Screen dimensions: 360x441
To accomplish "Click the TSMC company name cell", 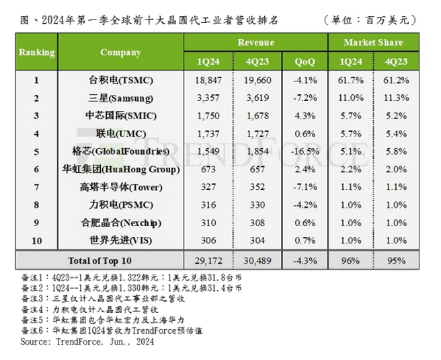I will (x=121, y=80).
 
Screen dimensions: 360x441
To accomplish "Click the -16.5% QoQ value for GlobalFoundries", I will (x=306, y=151).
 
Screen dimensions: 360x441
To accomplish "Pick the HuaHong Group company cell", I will (x=121, y=168).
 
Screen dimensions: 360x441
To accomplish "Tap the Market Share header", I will (x=373, y=42).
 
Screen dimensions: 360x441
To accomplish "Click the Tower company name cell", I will (x=121, y=186).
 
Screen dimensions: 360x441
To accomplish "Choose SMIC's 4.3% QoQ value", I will (x=306, y=115).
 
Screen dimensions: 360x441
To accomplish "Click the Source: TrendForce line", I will (x=87, y=342).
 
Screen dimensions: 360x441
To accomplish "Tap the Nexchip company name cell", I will (x=121, y=221).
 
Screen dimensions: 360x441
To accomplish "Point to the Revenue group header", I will (x=255, y=42).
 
